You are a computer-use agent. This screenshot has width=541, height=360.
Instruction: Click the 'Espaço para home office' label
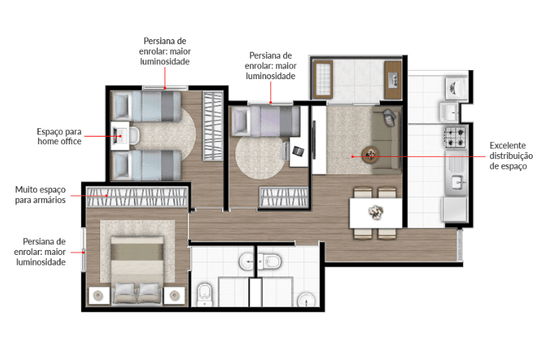(x=60, y=136)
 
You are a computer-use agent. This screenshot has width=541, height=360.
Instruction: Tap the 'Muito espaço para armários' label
(x=41, y=195)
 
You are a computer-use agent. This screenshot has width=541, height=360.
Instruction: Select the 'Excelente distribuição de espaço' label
(x=511, y=155)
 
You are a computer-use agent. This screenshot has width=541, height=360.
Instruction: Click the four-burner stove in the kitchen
(x=456, y=137)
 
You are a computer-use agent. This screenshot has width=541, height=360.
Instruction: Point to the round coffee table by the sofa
(x=370, y=154)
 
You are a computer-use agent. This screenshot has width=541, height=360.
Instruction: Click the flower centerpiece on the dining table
(x=376, y=212)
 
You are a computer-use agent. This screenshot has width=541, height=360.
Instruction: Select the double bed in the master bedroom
(x=137, y=270)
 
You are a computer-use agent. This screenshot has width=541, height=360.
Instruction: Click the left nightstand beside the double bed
(x=99, y=296)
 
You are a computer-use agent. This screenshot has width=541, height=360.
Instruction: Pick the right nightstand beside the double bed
(x=174, y=296)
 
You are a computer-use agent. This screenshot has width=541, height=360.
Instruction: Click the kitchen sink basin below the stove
(x=457, y=181)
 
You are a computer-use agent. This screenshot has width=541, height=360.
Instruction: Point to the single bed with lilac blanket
(x=266, y=121)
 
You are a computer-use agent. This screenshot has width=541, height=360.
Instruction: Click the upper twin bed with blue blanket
(x=146, y=106)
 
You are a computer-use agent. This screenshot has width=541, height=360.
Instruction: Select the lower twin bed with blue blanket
(x=146, y=165)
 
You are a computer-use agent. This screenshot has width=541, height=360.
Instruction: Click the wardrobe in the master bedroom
(x=137, y=197)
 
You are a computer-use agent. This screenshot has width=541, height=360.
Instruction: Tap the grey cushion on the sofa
(x=389, y=117)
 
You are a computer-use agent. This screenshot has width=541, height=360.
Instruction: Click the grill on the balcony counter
(x=393, y=81)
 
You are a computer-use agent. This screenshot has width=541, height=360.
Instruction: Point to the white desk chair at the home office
(x=135, y=135)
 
